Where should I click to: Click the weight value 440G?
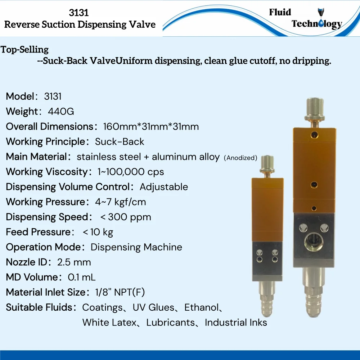click(61, 112)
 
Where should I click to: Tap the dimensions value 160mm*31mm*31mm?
click(151, 127)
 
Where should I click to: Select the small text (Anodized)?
click(240, 158)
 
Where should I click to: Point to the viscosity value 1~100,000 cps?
click(131, 172)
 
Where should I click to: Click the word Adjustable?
click(164, 187)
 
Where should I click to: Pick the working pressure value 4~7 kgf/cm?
click(121, 202)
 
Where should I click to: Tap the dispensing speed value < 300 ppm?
click(126, 217)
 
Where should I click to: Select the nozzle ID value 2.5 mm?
click(74, 262)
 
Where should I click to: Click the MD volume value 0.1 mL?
click(82, 277)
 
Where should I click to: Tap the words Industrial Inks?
click(236, 322)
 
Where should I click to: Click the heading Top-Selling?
click(24, 49)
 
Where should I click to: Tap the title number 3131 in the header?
click(79, 13)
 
